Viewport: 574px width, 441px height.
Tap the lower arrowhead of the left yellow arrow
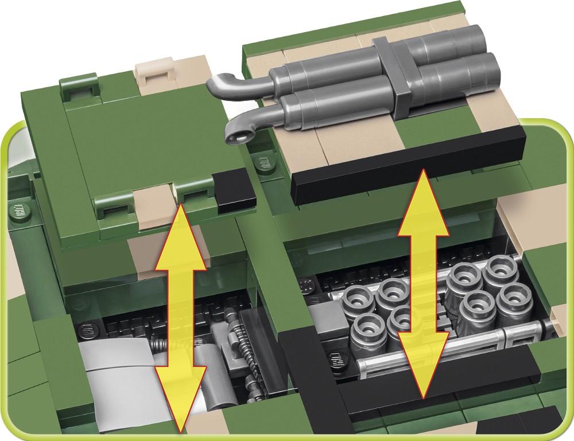tap(180, 404)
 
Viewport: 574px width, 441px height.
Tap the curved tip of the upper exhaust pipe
tap(215, 85)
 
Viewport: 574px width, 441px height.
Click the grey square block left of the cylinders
tap(324, 318)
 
